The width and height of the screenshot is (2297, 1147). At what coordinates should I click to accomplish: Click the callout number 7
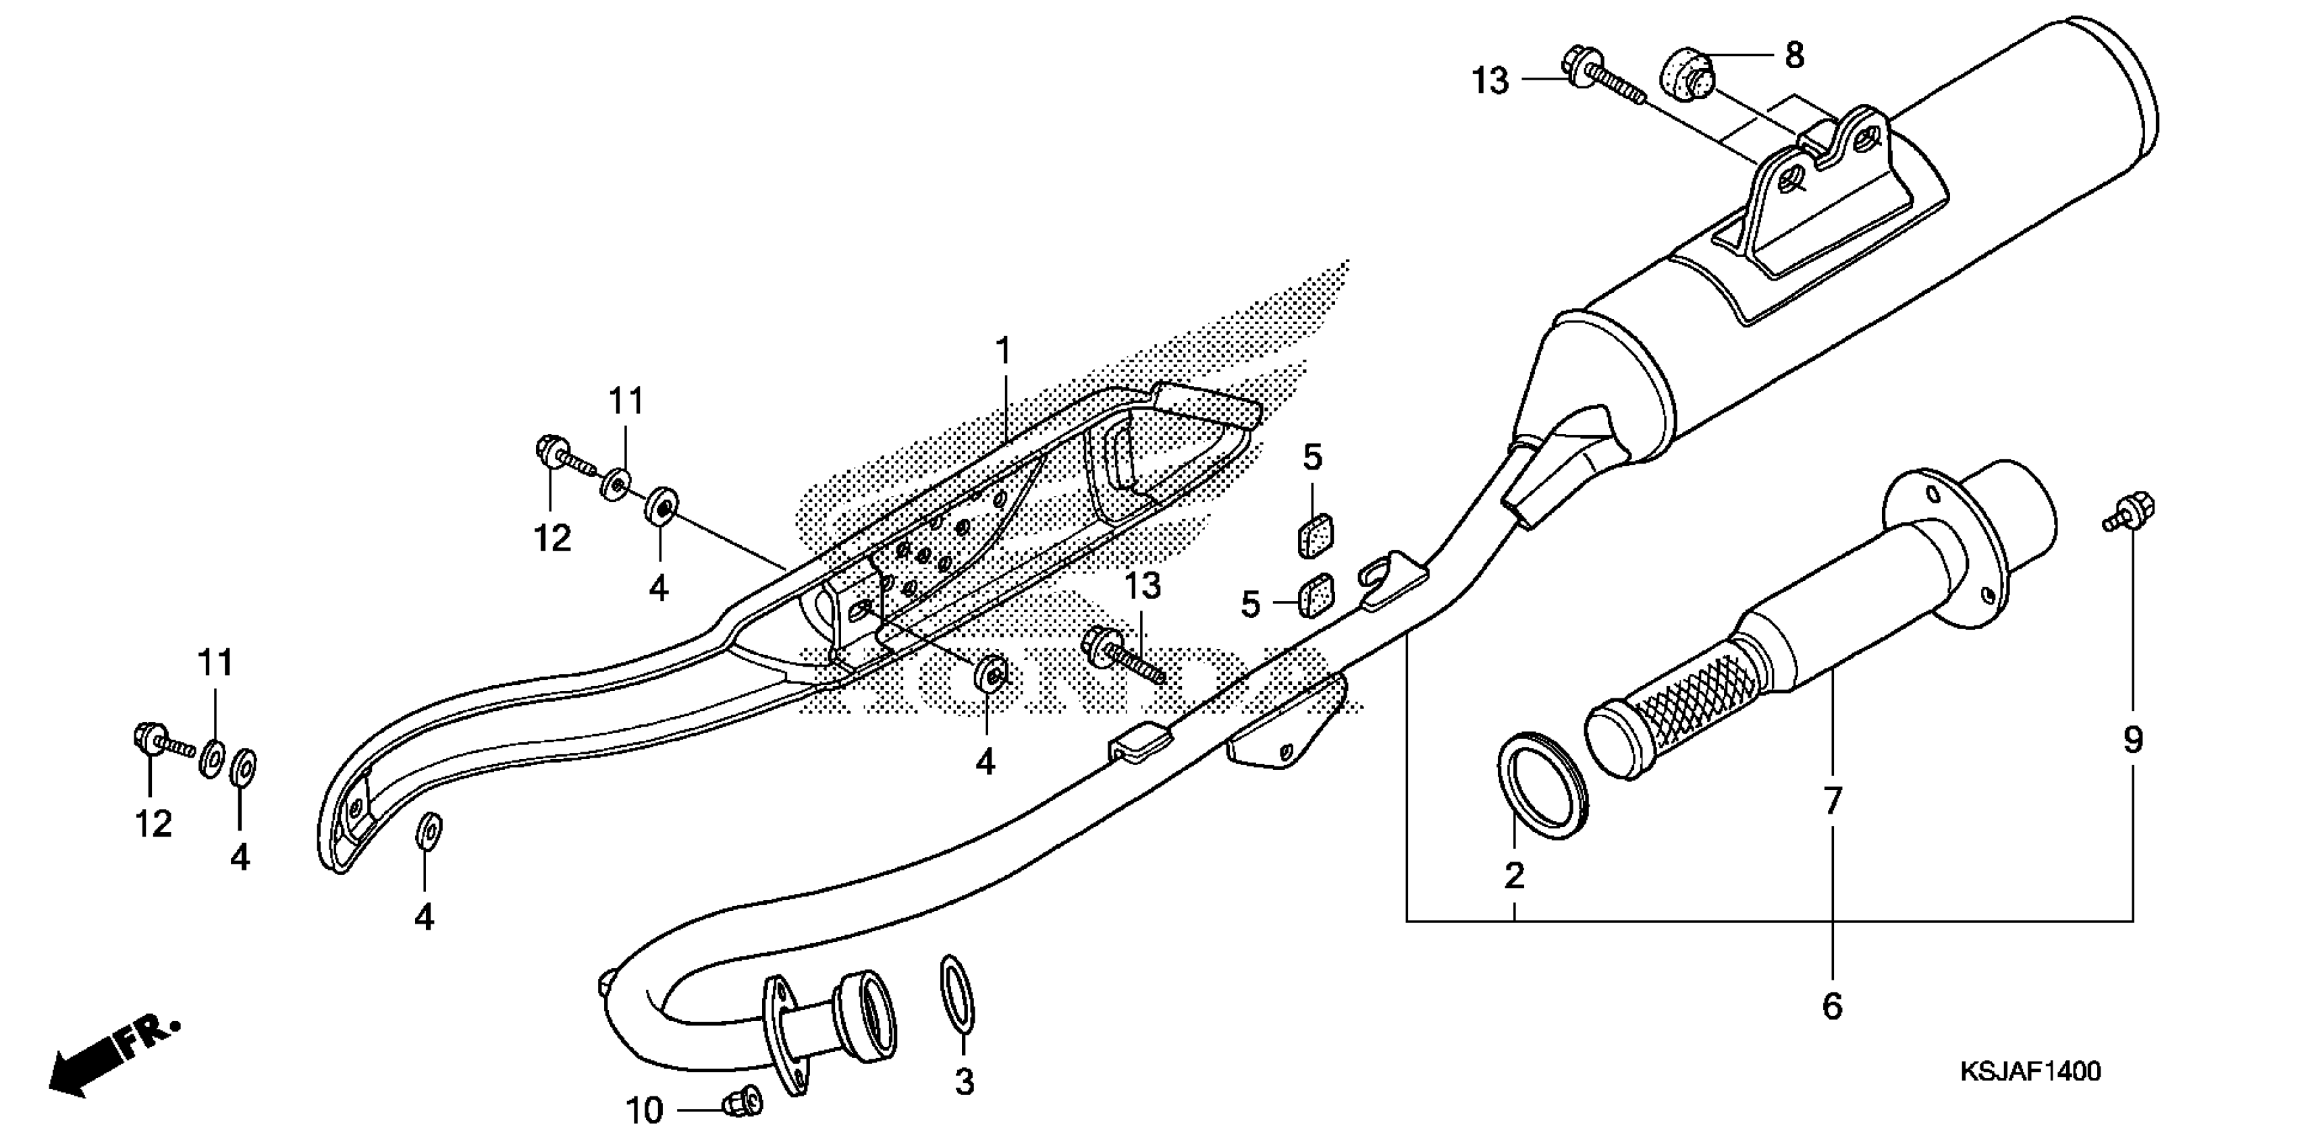pos(1831,801)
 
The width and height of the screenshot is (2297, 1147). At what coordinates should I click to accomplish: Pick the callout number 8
pos(1794,55)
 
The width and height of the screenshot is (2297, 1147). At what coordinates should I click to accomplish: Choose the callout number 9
pos(2132,739)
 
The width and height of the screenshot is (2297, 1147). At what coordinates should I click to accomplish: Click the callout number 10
pos(644,1111)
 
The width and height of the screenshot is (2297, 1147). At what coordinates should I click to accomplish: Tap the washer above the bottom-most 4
pos(428,831)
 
